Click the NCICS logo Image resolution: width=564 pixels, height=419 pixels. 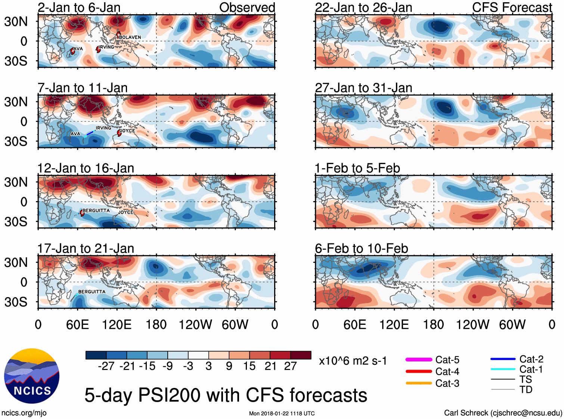[32, 376]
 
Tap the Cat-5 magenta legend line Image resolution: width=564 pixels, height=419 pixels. [419, 360]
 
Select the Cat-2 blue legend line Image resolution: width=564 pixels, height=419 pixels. [503, 359]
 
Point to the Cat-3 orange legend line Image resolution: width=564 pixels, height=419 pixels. [419, 383]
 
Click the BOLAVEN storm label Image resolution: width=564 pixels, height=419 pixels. [130, 37]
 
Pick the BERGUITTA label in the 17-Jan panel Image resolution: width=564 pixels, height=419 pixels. [92, 292]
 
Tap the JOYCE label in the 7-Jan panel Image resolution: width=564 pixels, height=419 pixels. [127, 131]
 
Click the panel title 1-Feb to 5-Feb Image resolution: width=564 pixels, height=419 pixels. [357, 168]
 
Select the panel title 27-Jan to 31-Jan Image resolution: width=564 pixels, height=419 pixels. [363, 88]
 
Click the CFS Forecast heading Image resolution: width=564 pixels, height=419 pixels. [512, 7]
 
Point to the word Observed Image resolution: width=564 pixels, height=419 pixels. [247, 7]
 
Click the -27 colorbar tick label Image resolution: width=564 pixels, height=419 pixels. [106, 366]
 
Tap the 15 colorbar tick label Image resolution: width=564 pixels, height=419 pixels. [249, 366]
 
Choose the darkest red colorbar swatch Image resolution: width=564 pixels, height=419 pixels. [301, 355]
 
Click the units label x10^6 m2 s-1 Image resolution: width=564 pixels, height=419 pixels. [353, 361]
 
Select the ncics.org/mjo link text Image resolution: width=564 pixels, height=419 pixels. [24, 413]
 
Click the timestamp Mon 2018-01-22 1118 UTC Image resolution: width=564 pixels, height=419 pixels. [282, 413]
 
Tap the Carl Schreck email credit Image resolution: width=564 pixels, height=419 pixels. [503, 413]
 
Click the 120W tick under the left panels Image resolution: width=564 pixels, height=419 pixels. [195, 324]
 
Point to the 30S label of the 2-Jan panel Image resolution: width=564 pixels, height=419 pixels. [16, 61]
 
